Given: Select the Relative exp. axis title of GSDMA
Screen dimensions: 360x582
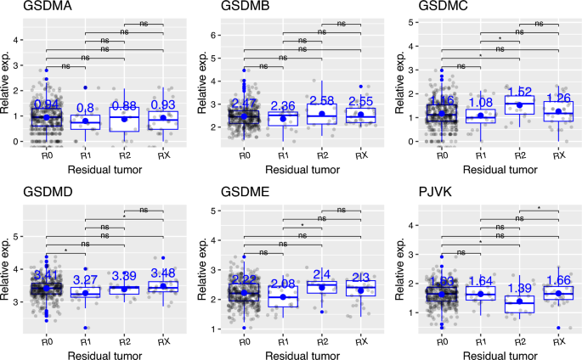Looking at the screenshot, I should pos(8,80).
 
